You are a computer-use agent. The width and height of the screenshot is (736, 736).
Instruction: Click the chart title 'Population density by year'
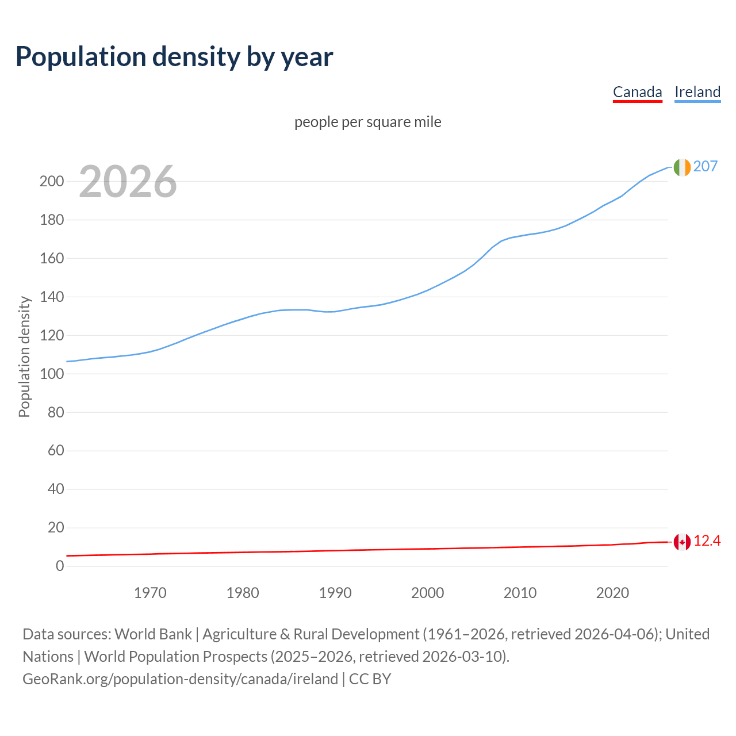click(x=174, y=56)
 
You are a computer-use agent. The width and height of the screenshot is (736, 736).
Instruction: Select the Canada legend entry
click(x=637, y=92)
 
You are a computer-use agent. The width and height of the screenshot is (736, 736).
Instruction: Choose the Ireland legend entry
click(x=697, y=92)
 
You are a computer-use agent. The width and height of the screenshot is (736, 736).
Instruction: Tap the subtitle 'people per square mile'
click(x=367, y=122)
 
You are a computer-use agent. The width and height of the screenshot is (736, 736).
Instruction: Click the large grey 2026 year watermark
click(x=128, y=182)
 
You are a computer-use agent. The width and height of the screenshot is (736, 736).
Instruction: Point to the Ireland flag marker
click(x=682, y=167)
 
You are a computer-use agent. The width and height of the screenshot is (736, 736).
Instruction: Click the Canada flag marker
click(x=682, y=542)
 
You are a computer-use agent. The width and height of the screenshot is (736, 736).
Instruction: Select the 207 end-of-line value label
click(x=706, y=166)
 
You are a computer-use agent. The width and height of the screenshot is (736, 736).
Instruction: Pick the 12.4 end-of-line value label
click(x=707, y=541)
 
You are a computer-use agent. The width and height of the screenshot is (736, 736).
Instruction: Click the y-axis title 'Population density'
click(x=24, y=356)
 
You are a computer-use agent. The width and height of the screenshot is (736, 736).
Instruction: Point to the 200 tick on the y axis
click(x=51, y=182)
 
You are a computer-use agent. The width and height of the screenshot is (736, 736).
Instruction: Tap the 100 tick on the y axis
click(x=51, y=374)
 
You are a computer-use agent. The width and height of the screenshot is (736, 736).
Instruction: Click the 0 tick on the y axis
click(x=60, y=566)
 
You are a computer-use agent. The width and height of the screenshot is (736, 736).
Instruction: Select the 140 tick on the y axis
click(x=51, y=297)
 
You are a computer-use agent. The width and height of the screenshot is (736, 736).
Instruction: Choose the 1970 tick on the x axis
click(x=150, y=593)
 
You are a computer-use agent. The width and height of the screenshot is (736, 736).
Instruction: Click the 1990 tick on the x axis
click(x=335, y=593)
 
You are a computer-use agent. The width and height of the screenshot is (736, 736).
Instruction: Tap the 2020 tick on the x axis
click(x=612, y=593)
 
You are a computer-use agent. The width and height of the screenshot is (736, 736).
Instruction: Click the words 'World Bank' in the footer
click(x=153, y=634)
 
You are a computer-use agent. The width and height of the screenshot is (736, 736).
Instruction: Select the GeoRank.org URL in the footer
click(x=180, y=679)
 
